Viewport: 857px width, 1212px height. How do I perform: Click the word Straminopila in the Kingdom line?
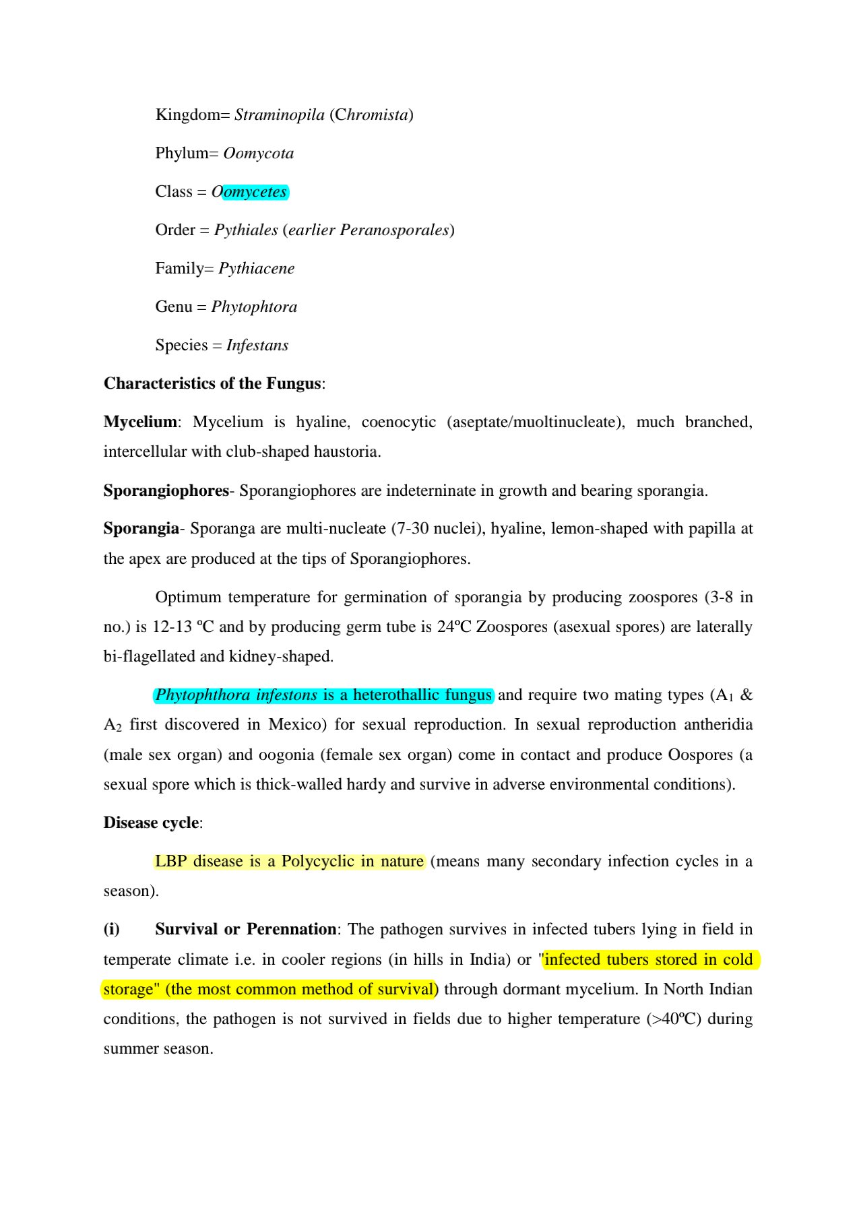[279, 115]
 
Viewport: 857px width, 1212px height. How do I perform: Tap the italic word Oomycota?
[258, 154]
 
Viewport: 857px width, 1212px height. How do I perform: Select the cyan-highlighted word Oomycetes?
[254, 192]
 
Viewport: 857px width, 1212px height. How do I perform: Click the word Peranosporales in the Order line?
[394, 230]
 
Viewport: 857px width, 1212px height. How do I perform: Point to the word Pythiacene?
[256, 269]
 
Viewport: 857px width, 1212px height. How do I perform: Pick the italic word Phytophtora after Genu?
[254, 307]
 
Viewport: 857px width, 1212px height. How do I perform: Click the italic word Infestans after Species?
[257, 346]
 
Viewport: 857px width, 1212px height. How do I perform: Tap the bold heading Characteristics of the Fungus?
[212, 384]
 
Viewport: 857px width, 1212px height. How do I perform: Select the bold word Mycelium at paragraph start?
[140, 422]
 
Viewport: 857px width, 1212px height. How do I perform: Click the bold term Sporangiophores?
[166, 491]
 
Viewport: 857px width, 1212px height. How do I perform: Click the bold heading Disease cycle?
[151, 823]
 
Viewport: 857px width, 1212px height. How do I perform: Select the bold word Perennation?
[291, 930]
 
